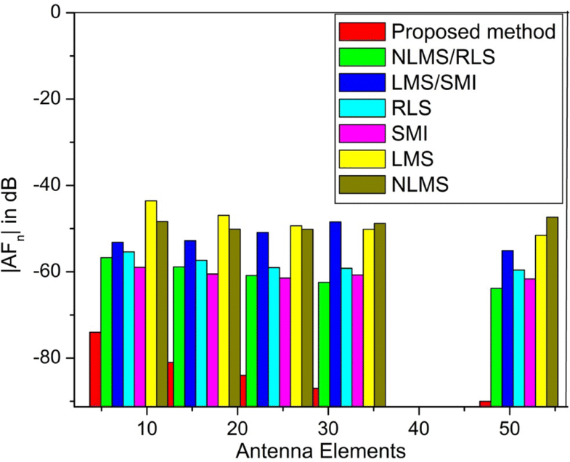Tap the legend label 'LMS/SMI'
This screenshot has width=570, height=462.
[x=434, y=82]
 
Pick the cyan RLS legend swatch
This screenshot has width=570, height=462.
[x=362, y=108]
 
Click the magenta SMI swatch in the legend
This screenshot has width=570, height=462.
[x=362, y=133]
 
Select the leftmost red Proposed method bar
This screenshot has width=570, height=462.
[x=94, y=368]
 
